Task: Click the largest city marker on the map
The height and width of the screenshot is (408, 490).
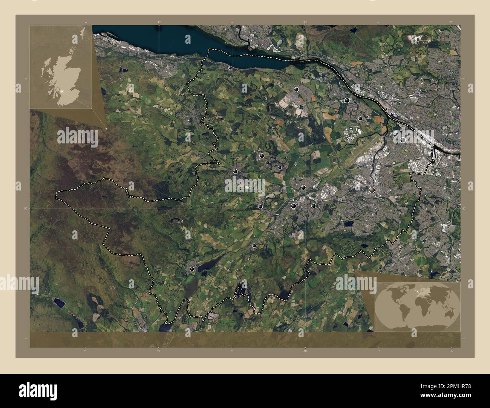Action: (x=372, y=190)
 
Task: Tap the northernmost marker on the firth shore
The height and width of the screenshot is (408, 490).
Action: (x=230, y=68)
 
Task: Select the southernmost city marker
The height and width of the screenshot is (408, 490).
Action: (x=193, y=269)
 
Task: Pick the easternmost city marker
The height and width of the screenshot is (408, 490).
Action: (x=403, y=140)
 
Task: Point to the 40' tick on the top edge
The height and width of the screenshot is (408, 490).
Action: (x=159, y=23)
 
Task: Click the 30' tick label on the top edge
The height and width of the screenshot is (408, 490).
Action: (x=305, y=23)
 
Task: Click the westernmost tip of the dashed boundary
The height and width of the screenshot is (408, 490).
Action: (x=56, y=195)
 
